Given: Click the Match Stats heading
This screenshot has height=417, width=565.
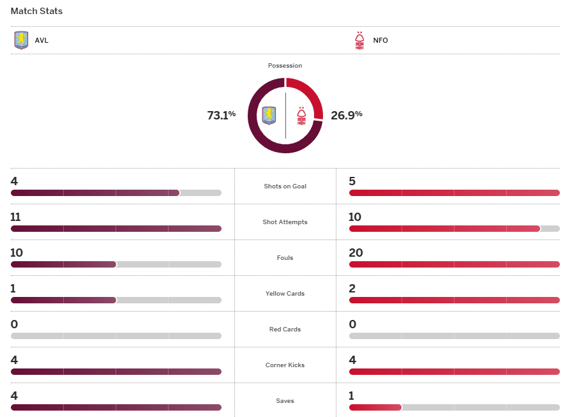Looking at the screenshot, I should click(x=36, y=11).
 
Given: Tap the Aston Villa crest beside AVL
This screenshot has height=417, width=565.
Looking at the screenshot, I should click(x=21, y=40).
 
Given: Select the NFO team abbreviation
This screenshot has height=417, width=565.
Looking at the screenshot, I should click(x=380, y=40).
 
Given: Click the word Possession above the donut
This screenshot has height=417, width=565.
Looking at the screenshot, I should click(x=285, y=66).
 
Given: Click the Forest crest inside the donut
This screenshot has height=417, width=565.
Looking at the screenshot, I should click(x=301, y=116).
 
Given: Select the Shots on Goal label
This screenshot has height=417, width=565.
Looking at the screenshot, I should click(x=285, y=186).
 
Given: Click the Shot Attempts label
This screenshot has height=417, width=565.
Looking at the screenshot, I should click(x=285, y=222).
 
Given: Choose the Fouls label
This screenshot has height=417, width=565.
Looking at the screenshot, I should click(x=285, y=258).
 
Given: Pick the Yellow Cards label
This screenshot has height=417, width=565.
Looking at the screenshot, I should click(x=285, y=294).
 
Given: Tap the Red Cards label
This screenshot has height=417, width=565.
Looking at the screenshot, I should click(x=285, y=330).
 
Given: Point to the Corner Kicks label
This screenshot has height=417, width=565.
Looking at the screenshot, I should click(x=285, y=365).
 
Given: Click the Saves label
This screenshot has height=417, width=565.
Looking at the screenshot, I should click(x=285, y=401).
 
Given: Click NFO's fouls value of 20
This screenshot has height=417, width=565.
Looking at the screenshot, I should click(x=356, y=253).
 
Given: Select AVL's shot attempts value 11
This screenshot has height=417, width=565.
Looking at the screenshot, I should click(x=16, y=217).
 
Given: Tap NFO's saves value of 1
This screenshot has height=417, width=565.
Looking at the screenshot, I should click(x=351, y=396).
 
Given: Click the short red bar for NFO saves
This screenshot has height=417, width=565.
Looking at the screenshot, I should click(x=375, y=407).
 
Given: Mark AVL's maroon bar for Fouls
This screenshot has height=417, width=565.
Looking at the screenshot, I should click(x=63, y=264).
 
